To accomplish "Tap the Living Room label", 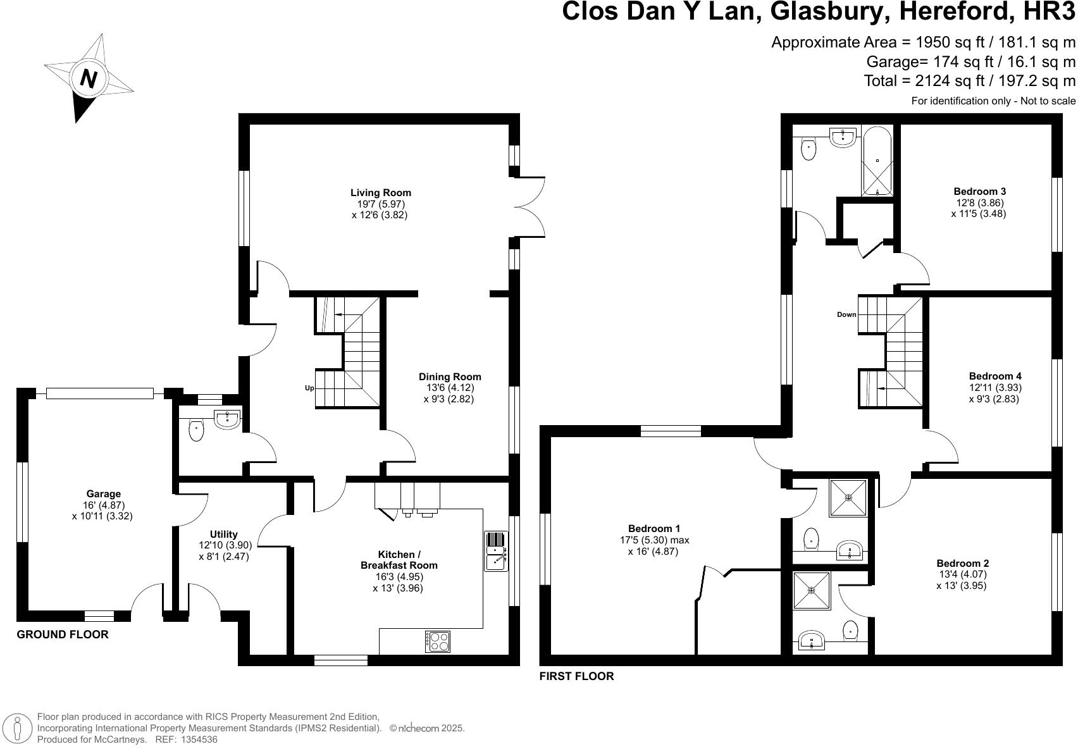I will (x=380, y=193).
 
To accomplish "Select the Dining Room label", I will (x=449, y=377).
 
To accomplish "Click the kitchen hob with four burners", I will (x=438, y=641).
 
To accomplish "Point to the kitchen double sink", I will (x=495, y=551).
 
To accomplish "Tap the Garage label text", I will (x=103, y=494).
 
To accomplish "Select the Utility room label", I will (x=223, y=535).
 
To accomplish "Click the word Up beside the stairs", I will (x=309, y=388).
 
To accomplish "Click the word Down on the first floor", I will (x=846, y=314).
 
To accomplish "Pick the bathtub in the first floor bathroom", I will (x=877, y=161).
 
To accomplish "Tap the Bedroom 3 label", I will (x=979, y=192).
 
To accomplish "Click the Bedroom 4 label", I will (x=994, y=376).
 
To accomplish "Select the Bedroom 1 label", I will (x=654, y=529).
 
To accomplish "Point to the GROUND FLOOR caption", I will (x=62, y=634).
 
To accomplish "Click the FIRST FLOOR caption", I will (x=576, y=676).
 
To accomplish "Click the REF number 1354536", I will (x=199, y=739).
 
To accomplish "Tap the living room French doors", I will (x=530, y=206).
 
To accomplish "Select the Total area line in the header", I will (x=969, y=81).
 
